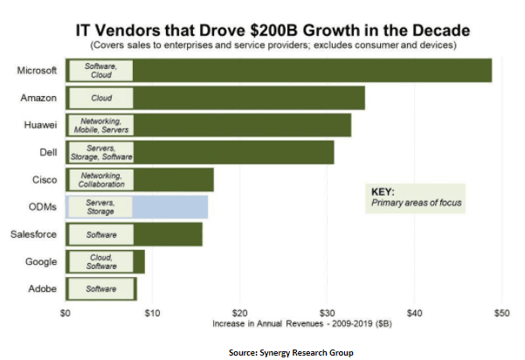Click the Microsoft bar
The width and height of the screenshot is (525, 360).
coord(314,70)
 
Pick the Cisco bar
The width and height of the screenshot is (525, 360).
coord(176,180)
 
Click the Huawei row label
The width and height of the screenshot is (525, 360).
coord(39,125)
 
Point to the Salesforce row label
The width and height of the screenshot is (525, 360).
coord(33,234)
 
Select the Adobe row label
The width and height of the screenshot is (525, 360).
coord(41,288)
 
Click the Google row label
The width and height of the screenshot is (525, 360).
coord(40,261)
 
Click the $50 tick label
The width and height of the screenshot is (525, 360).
coord(501,312)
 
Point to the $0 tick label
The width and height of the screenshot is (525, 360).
coord(66,312)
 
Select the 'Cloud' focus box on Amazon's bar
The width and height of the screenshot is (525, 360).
coord(100,98)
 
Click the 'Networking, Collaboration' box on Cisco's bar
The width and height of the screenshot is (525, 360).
coord(100,180)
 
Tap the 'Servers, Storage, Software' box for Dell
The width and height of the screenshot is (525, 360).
coord(100,152)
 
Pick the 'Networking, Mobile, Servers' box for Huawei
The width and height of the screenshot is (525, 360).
coord(100,125)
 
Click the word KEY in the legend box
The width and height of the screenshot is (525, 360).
coord(383,191)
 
